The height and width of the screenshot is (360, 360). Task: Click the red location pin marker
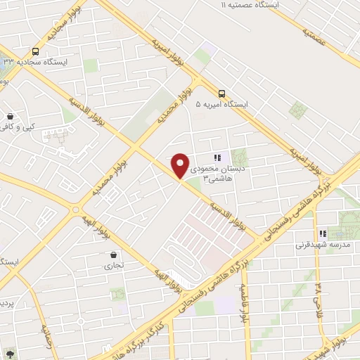coord(180,166)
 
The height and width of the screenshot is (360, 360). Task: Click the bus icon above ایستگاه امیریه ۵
coord(222,93)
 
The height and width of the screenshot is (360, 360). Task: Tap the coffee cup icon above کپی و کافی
coord(10,117)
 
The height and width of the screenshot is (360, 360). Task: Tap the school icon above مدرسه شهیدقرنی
coord(323,233)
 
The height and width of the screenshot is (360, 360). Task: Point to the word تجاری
coord(114,266)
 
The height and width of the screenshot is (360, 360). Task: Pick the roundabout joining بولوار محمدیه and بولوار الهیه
coord(76,210)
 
